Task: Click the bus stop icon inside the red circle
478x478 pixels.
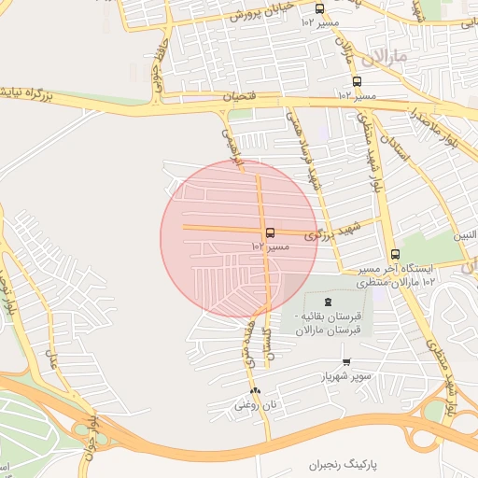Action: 270,232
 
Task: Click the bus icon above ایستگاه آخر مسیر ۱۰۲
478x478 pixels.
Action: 394,253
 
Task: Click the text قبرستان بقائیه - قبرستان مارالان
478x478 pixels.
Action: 332,323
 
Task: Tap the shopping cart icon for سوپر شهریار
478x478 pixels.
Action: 346,361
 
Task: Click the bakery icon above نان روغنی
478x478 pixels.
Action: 255,390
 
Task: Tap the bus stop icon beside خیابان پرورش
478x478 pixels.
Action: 319,8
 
